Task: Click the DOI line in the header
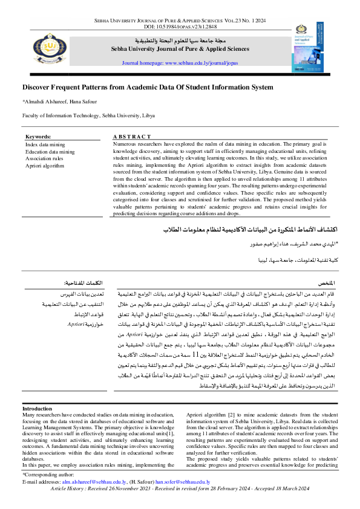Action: pyautogui.click(x=179, y=27)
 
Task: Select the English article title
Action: pyautogui.click(x=148, y=87)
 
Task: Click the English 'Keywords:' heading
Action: pyautogui.click(x=39, y=137)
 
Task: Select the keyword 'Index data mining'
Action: pyautogui.click(x=45, y=145)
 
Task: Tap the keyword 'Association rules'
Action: pyautogui.click(x=44, y=158)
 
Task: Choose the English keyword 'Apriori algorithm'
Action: pyautogui.click(x=44, y=165)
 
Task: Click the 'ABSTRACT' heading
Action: pyautogui.click(x=131, y=137)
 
